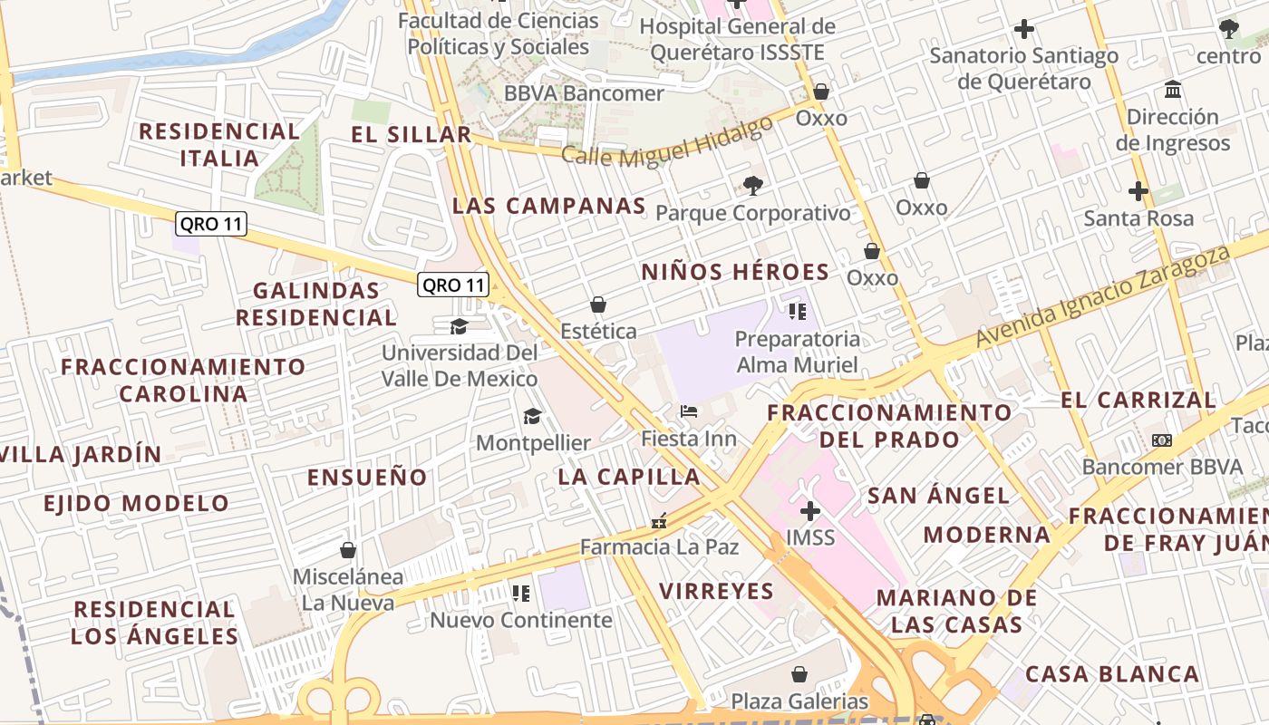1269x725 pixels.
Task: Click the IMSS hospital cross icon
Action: coord(809,511)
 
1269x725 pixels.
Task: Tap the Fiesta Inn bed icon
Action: coord(689,411)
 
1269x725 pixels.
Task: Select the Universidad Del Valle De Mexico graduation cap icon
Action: coord(459,326)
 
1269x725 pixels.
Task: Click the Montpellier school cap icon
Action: coord(532,416)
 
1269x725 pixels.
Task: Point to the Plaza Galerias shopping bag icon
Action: coord(799,674)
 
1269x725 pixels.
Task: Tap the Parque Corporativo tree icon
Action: coord(752,186)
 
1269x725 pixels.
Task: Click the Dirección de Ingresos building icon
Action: coord(1173,90)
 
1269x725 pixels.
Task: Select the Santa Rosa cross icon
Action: coord(1138,191)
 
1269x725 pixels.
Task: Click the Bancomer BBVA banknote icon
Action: coord(1162,440)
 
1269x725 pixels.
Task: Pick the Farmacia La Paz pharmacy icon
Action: coord(659,521)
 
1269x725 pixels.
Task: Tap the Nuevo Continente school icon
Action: coord(520,594)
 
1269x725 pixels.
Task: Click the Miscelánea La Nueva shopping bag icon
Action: coord(347,550)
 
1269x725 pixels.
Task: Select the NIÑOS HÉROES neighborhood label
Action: coord(735,272)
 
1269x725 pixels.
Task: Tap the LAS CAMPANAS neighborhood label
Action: coord(548,206)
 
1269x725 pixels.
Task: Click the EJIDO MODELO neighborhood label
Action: coord(137,504)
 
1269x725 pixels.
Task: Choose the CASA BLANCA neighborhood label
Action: coord(1112,674)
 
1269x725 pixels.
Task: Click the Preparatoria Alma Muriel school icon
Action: coord(798,313)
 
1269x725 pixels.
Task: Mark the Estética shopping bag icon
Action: coord(597,304)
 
